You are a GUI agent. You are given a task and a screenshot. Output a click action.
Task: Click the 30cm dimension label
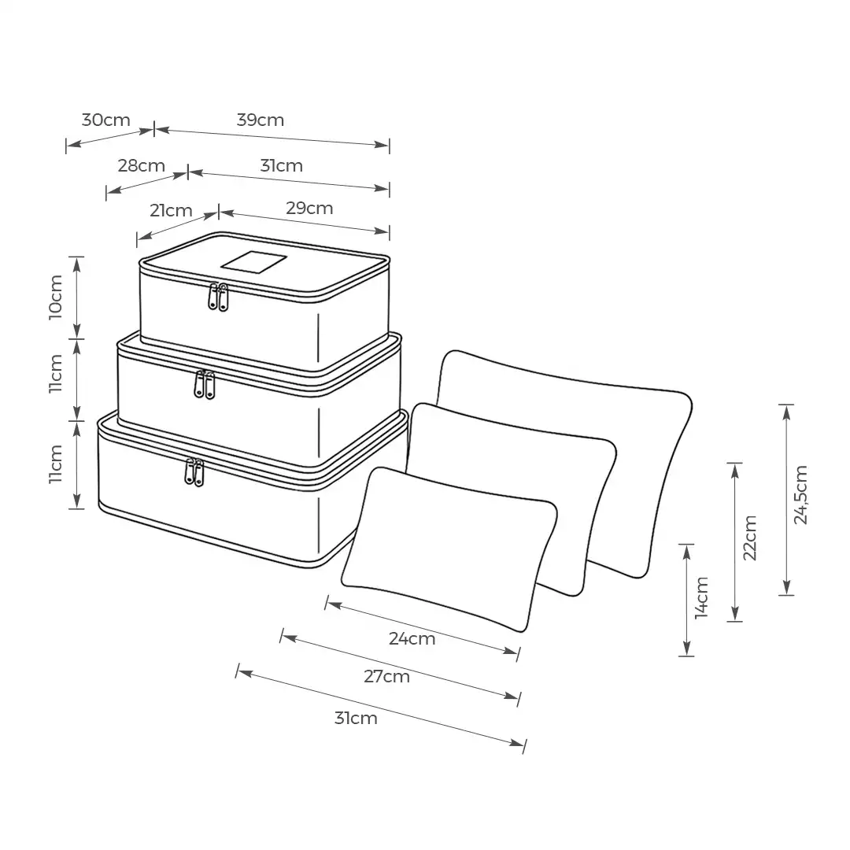(106, 120)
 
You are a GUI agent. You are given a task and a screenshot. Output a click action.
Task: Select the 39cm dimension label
(261, 120)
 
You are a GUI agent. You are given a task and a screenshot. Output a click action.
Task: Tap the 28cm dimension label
(142, 165)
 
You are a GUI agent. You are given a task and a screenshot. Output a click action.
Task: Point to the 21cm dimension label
(171, 210)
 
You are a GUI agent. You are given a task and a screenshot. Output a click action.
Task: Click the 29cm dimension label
(309, 208)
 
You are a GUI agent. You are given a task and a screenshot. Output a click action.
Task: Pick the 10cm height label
(56, 297)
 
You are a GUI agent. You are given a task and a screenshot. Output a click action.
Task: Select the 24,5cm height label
(801, 494)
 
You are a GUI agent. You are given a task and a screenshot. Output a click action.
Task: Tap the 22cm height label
(750, 538)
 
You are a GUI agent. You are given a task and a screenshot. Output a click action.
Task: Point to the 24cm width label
(412, 638)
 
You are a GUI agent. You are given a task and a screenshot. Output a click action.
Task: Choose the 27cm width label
(386, 676)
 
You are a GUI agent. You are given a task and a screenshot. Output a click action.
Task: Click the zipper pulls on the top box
(218, 296)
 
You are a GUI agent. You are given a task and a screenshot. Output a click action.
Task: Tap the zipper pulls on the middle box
(205, 384)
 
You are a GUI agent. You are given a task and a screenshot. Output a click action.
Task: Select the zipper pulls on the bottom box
(194, 471)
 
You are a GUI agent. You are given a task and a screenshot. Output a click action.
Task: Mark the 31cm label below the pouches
(356, 718)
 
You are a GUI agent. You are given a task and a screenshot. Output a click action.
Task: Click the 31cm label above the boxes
(281, 165)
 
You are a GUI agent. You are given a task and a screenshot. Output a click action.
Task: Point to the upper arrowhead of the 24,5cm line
(786, 412)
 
